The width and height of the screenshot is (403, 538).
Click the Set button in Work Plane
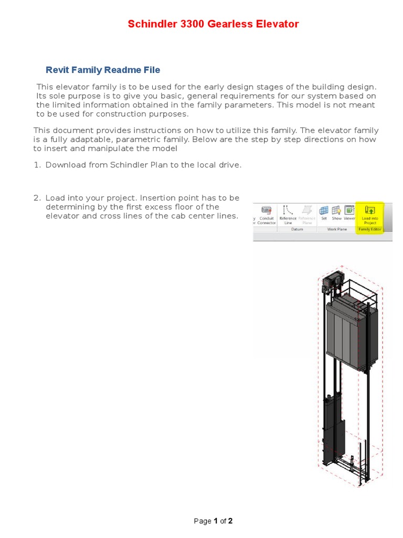tap(324, 213)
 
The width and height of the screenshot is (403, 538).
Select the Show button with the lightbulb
tap(336, 213)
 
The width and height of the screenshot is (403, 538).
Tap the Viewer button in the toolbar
tap(349, 213)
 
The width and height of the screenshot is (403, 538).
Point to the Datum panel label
tap(298, 229)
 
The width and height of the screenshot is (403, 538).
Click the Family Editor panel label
tap(370, 229)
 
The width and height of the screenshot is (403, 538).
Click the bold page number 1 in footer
tap(215, 521)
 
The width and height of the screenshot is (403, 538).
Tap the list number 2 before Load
tap(37, 198)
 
